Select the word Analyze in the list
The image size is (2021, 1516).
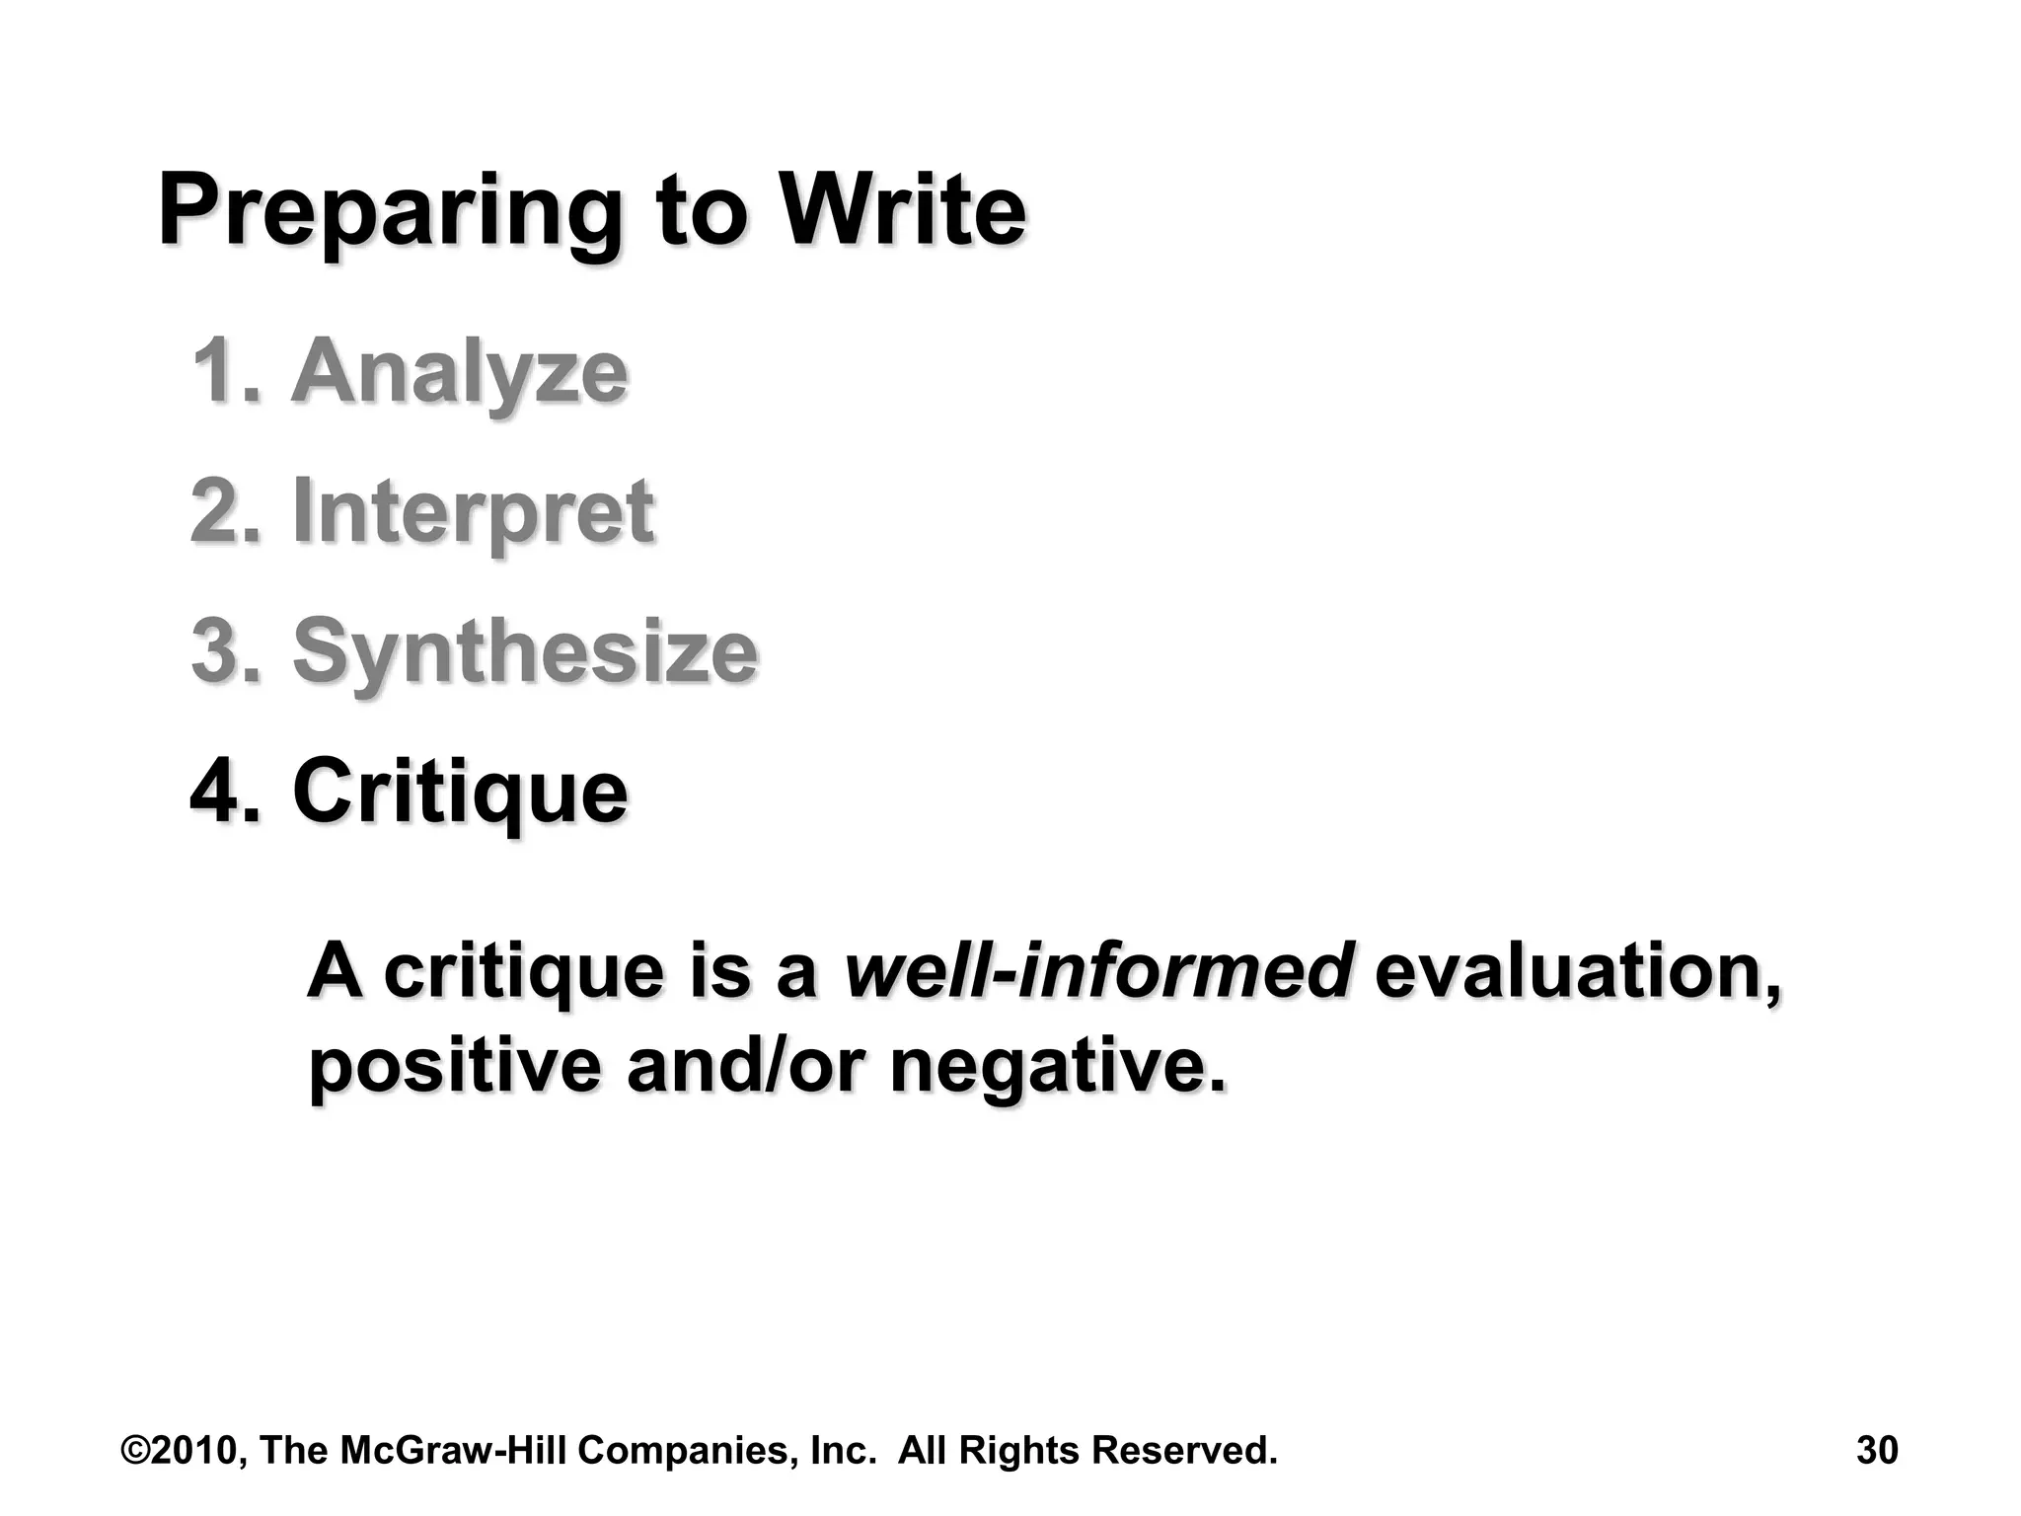point(459,373)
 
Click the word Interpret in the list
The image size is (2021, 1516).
point(473,512)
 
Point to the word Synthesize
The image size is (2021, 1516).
point(525,651)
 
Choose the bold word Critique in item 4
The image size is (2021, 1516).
point(460,792)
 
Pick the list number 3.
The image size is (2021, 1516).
point(225,650)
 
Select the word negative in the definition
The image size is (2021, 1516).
point(1056,1068)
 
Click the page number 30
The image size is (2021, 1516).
point(1877,1450)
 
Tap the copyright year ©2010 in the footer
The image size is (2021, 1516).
point(185,1450)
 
